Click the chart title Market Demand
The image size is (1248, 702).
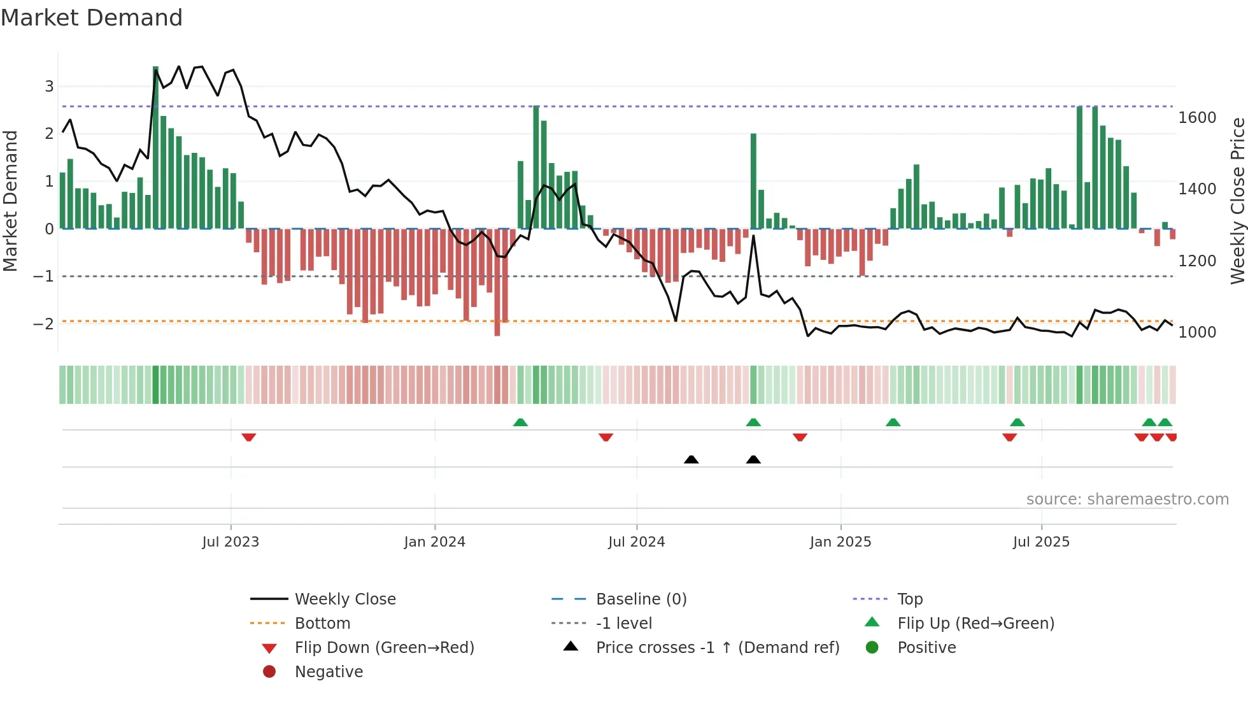(92, 18)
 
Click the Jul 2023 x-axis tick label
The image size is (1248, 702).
(230, 542)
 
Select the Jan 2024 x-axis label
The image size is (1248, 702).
(434, 542)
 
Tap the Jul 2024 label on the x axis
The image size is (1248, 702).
(636, 542)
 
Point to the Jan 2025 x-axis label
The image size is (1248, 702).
(840, 542)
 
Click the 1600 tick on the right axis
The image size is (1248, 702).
(1197, 118)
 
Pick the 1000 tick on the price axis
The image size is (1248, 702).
(1197, 333)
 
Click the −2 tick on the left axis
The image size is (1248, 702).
(43, 324)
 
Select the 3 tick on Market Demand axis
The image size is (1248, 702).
(49, 86)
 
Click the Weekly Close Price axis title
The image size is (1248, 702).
(1237, 201)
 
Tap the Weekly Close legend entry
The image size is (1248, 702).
(344, 599)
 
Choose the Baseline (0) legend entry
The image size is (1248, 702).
(641, 599)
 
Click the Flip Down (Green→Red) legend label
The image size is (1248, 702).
(384, 648)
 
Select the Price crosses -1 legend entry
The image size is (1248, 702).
(717, 648)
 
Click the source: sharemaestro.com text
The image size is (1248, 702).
(1127, 499)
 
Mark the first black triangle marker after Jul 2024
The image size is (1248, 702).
(691, 459)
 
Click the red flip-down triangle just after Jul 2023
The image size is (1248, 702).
(249, 437)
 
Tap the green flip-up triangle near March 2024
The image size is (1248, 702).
(520, 422)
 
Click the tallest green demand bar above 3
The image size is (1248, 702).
(155, 147)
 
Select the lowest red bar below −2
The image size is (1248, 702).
(497, 283)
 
